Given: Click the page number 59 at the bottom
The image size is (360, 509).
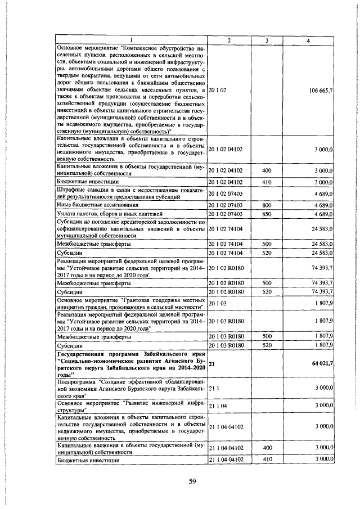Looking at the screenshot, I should pos(192,480).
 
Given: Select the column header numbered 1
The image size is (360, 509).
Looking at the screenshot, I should pos(131,40).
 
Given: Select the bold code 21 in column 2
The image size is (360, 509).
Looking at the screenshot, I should pos(212,364).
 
